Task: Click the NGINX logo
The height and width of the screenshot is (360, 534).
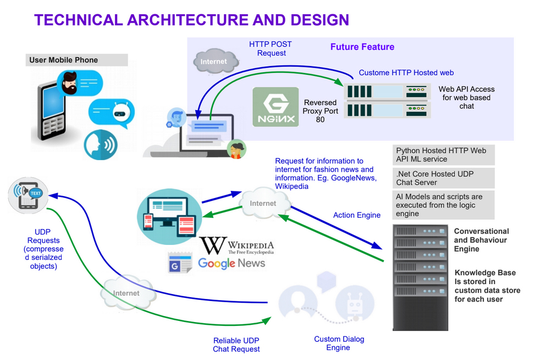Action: click(x=276, y=107)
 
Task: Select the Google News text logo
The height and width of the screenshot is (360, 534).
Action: click(x=232, y=263)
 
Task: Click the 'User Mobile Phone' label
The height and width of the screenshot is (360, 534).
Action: click(x=64, y=60)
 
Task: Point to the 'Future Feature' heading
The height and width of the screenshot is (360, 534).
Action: click(x=362, y=47)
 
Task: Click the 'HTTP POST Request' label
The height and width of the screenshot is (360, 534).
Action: click(x=271, y=48)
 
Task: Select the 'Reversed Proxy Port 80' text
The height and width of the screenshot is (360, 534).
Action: click(x=320, y=111)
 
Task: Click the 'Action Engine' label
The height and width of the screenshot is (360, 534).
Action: click(x=357, y=215)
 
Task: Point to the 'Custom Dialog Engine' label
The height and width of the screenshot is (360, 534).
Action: click(x=339, y=343)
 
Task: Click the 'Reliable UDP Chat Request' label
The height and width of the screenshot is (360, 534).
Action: click(x=236, y=345)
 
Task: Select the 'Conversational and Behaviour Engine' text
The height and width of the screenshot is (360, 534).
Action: click(x=481, y=240)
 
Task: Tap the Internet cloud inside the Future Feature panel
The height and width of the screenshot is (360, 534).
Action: click(x=214, y=61)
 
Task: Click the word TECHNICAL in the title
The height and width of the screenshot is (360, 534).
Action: click(x=79, y=20)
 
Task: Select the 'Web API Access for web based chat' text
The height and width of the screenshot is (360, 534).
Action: click(x=466, y=97)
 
